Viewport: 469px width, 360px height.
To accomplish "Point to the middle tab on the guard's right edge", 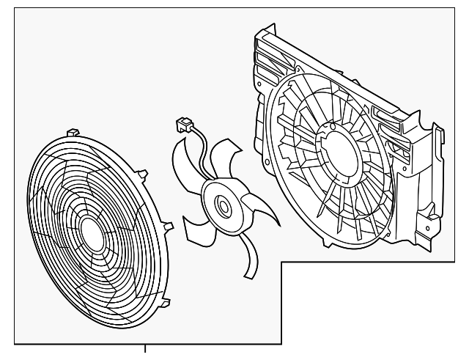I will tap(166, 225).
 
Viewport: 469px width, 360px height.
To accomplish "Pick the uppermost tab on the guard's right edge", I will tap(141, 173).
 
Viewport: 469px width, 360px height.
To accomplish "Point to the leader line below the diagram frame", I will tap(147, 350).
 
